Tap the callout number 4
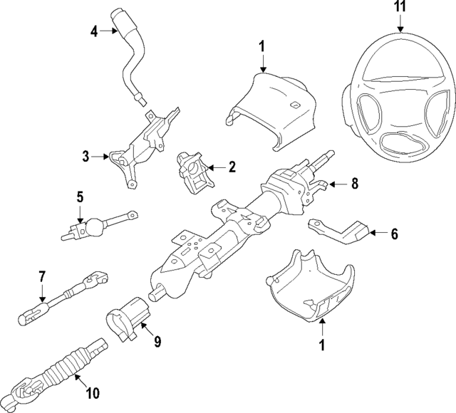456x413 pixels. (94, 31)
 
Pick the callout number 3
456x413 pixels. (85, 156)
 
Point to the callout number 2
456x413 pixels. (231, 167)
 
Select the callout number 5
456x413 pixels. (80, 197)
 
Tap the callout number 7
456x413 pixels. (41, 276)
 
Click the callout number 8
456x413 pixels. (353, 183)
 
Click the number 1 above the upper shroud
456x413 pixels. (261, 46)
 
